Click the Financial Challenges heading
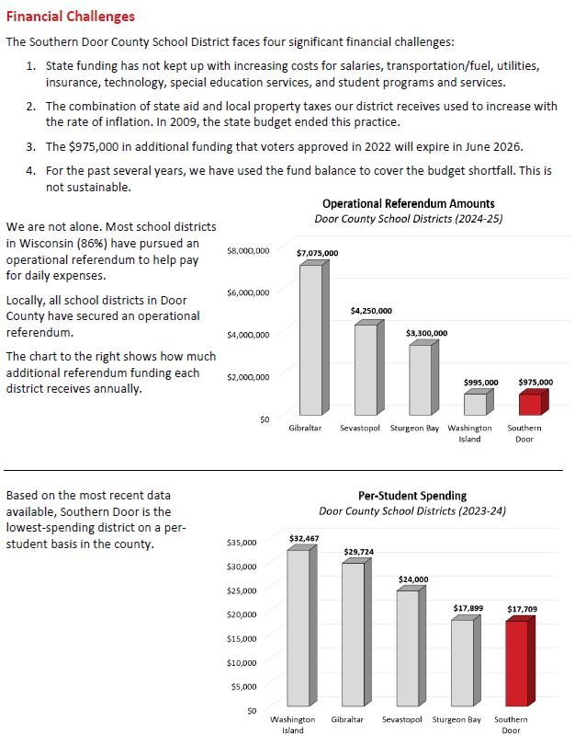70,17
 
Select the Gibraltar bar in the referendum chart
310,339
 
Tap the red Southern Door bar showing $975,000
530,404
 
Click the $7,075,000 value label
317,253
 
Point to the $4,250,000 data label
371,311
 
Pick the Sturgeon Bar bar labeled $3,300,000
420,379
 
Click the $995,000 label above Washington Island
480,383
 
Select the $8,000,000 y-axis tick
248,250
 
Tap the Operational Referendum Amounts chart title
408,203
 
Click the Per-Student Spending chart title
411,495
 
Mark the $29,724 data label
358,552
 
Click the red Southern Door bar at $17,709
517,664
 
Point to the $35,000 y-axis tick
242,542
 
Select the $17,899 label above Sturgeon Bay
468,609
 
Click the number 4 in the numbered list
31,171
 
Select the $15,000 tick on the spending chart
242,638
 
